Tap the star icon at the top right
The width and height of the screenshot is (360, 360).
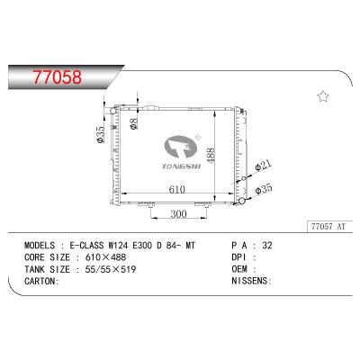click(323, 95)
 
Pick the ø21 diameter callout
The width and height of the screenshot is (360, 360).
click(263, 165)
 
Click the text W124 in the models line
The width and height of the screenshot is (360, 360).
click(145, 245)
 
